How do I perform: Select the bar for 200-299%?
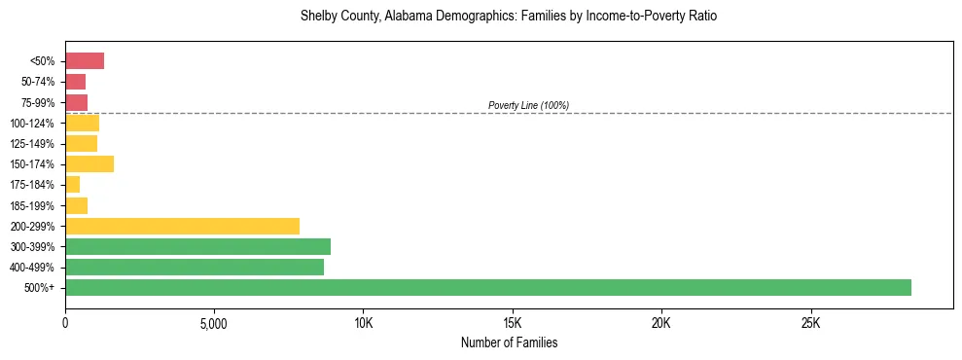point(182,226)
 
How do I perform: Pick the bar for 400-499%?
point(195,267)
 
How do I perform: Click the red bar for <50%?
point(85,61)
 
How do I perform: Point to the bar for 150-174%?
point(89,163)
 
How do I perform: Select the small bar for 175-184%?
point(73,184)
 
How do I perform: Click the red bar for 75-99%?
point(77,102)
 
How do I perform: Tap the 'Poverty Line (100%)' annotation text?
point(528,105)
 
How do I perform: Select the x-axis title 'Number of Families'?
point(509,343)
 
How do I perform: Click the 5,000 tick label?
point(214,323)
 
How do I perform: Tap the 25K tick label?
point(810,323)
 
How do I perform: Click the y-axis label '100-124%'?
point(32,124)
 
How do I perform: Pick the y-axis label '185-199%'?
point(32,205)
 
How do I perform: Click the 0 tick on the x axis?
point(65,323)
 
